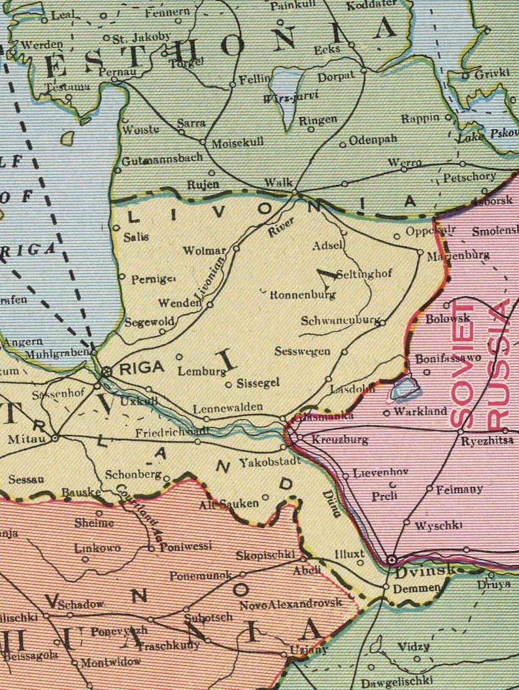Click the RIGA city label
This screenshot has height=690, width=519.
coord(141,368)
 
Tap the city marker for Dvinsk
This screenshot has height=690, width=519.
coord(392,560)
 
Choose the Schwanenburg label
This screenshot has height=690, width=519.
coord(340,321)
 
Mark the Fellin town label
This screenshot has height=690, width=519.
coord(255,78)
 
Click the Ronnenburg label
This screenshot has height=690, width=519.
coord(303,295)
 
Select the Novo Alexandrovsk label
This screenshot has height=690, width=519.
coord(290,603)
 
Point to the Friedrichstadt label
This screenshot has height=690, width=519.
coord(163,432)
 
